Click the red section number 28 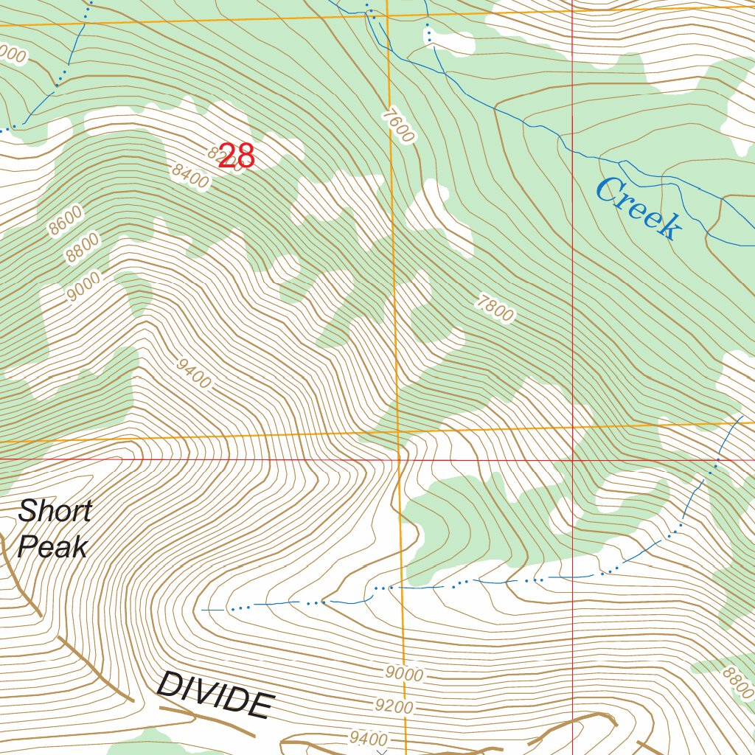click(237, 156)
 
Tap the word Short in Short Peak click(55, 510)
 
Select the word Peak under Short click(53, 546)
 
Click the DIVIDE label click(213, 695)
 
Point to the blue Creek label click(638, 209)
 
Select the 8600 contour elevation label click(66, 220)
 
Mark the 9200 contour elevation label click(394, 706)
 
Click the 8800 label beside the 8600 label click(82, 248)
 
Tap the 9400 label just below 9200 click(369, 738)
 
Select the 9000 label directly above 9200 click(404, 674)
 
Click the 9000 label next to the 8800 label click(83, 288)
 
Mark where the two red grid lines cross click(573, 459)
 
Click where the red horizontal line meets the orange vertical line click(399, 459)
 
